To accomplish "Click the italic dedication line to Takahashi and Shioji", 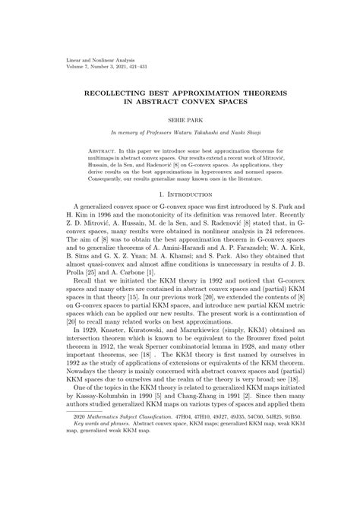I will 180,133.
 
